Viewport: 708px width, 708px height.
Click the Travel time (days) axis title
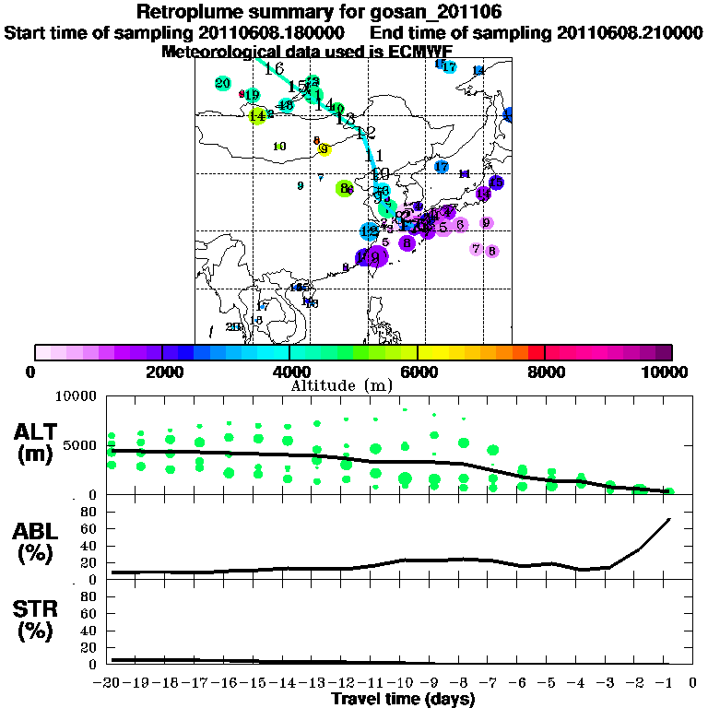coord(403,700)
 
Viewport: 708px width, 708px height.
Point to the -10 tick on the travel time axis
coord(402,683)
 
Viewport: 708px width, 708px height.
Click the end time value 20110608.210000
coord(630,32)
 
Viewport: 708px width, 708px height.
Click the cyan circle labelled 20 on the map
coord(222,84)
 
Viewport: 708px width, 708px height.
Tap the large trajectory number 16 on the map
coord(274,69)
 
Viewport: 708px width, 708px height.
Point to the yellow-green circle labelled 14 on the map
coord(257,115)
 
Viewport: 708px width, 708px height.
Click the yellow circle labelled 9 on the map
coord(324,149)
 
